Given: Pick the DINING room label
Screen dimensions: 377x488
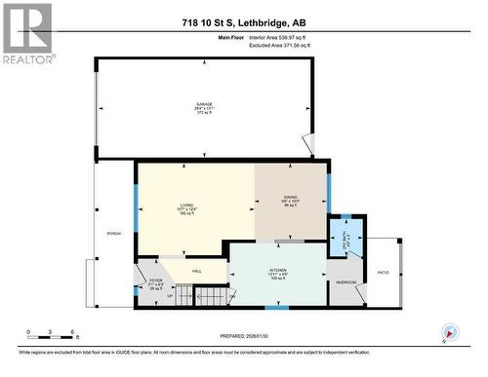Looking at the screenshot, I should point(289,203).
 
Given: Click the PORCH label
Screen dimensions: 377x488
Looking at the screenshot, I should point(113,235).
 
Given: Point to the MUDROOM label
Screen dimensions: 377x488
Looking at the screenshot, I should point(346,282).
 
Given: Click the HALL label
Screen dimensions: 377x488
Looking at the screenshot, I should point(196,271).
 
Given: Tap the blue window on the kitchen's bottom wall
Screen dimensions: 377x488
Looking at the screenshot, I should point(277,308).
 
